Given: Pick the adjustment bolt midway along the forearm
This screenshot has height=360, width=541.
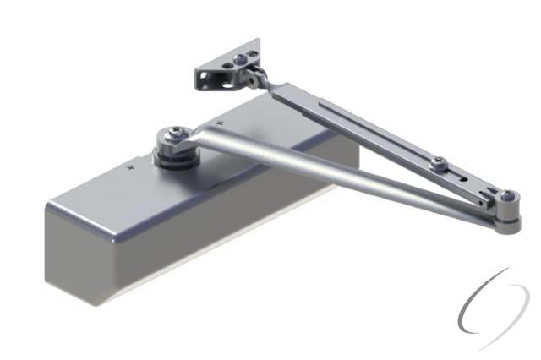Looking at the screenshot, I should (437, 162).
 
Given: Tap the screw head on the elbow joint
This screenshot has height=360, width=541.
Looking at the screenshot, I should (506, 198).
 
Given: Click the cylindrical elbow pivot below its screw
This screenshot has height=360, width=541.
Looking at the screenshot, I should (507, 218).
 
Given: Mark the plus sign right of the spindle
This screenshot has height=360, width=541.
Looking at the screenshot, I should (221, 124).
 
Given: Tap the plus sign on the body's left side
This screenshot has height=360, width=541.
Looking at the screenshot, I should (130, 168).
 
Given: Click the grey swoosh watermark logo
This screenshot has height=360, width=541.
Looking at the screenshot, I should (493, 310).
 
